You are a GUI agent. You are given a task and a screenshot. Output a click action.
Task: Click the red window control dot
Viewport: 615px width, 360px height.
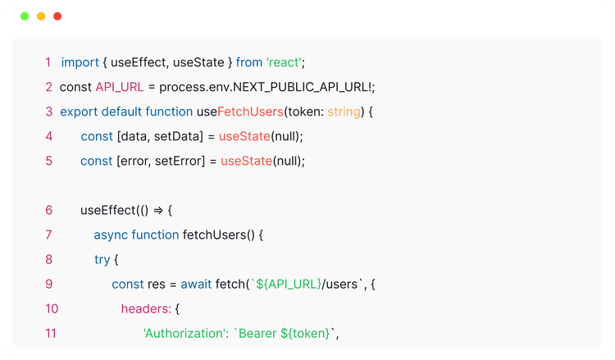click(x=57, y=16)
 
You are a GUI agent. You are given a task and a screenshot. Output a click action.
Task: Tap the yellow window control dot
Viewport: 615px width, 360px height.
click(x=41, y=16)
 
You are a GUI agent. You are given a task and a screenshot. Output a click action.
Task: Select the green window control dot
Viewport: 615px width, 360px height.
click(x=25, y=16)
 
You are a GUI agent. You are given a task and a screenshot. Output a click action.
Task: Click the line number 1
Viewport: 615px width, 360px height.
click(x=48, y=62)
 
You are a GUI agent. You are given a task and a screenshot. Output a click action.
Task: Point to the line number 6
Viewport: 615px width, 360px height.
click(x=49, y=210)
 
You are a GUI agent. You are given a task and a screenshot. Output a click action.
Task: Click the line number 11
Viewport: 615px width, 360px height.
click(x=52, y=333)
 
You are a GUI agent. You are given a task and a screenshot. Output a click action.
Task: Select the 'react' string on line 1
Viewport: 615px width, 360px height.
click(x=285, y=62)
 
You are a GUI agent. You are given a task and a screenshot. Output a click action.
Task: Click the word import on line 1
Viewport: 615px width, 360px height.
click(x=80, y=62)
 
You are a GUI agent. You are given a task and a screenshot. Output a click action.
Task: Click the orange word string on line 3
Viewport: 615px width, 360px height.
click(x=344, y=112)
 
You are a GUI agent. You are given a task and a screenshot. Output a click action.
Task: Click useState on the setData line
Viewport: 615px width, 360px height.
click(x=245, y=136)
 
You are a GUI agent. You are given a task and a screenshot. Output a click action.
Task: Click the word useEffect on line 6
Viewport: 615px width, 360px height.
click(x=109, y=210)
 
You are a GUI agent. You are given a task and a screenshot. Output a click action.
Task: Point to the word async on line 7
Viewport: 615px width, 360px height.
click(x=111, y=235)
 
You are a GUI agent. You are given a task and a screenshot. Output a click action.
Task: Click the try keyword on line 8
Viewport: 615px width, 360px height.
click(x=102, y=259)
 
